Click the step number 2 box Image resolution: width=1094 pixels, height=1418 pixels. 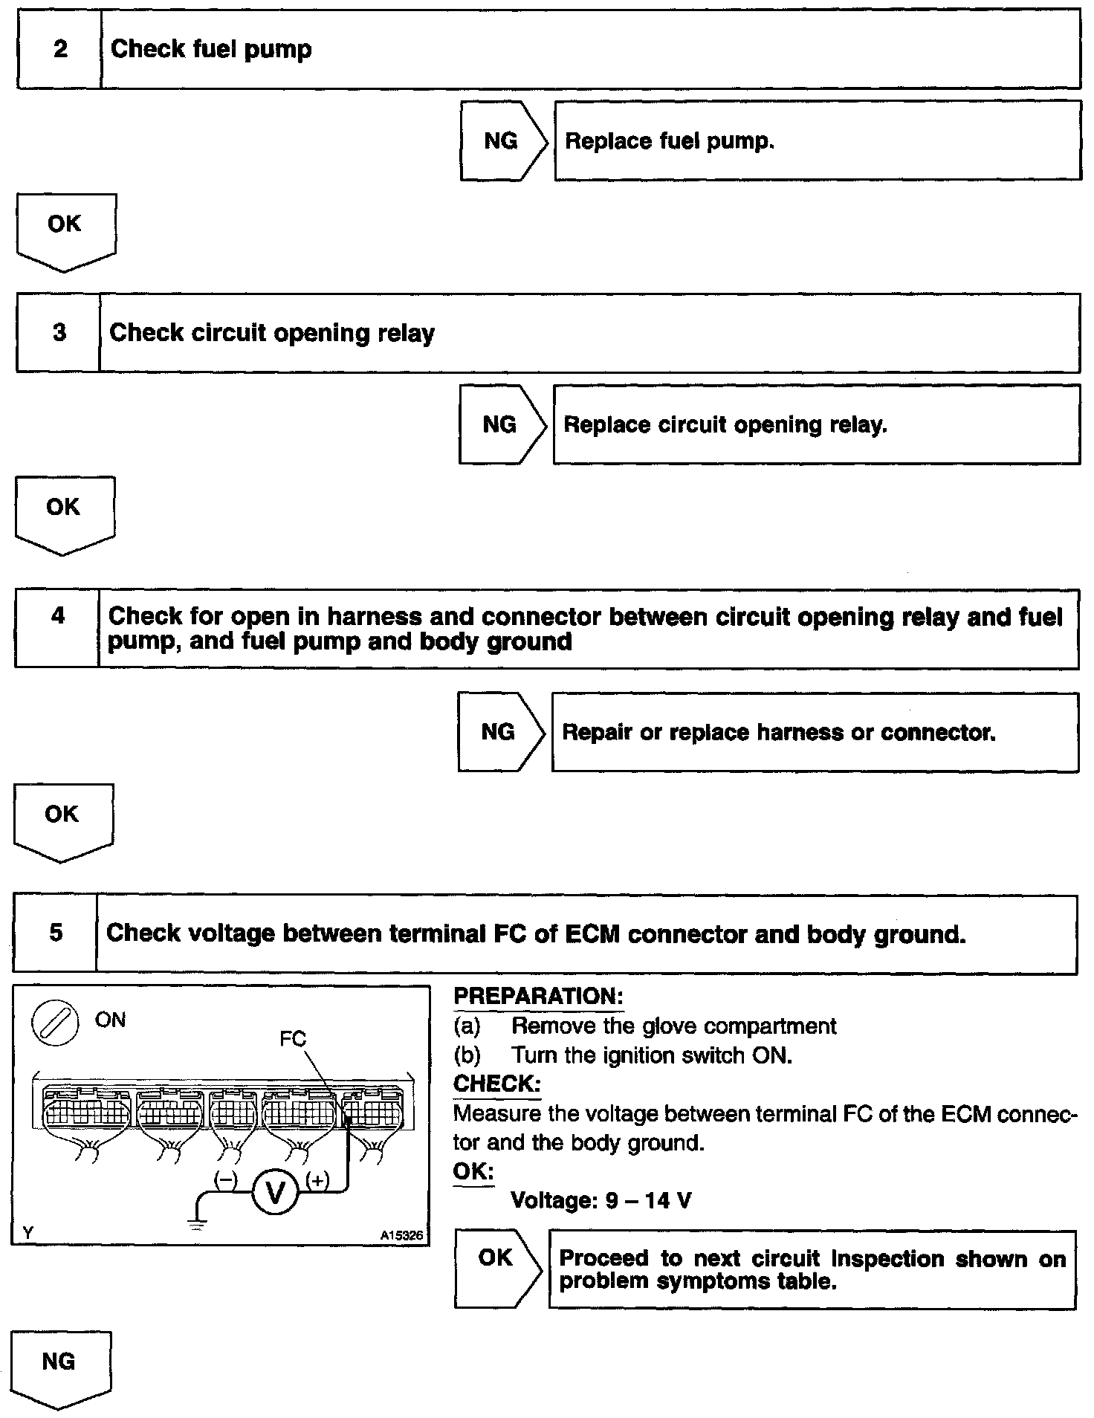59,49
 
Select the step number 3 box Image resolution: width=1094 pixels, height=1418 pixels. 59,332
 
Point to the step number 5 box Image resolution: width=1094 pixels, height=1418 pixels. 56,933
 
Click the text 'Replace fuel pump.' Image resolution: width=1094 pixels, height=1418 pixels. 670,141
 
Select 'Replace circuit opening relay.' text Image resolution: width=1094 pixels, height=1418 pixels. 725,425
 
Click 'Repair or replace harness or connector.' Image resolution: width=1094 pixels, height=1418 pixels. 778,733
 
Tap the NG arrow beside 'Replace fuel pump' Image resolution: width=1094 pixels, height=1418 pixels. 502,141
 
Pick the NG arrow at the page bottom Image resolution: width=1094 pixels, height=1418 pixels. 59,1367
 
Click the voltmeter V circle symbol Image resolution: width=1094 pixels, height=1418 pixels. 275,1193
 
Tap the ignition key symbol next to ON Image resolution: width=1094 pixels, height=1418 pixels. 54,1023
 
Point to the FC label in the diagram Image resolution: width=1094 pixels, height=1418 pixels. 293,1038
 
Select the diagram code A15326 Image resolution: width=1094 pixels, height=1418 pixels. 401,1234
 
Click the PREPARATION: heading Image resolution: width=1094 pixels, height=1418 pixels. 538,997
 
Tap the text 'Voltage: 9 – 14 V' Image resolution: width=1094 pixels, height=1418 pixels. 601,1200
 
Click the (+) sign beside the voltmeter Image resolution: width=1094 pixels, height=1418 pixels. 317,1180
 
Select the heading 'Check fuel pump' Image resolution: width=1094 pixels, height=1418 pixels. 211,49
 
